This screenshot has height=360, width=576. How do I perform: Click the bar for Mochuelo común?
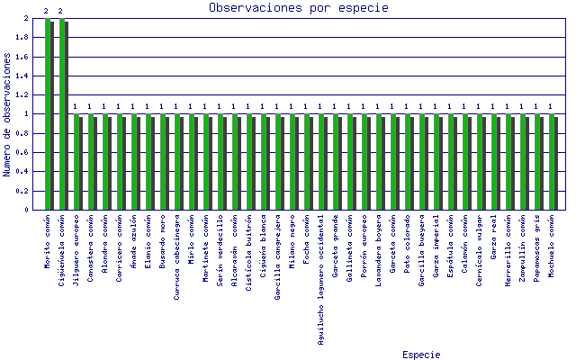553,162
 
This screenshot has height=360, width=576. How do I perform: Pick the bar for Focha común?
308,162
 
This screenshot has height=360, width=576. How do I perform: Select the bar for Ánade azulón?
135,162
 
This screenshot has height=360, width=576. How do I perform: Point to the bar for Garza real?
495,162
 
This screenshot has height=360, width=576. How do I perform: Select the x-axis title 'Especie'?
421,355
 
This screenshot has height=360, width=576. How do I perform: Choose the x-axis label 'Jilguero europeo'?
76,244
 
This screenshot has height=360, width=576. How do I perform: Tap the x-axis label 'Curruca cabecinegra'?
177,248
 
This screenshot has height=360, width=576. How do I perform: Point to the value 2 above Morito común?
46,11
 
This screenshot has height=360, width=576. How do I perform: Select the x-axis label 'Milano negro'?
292,236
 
